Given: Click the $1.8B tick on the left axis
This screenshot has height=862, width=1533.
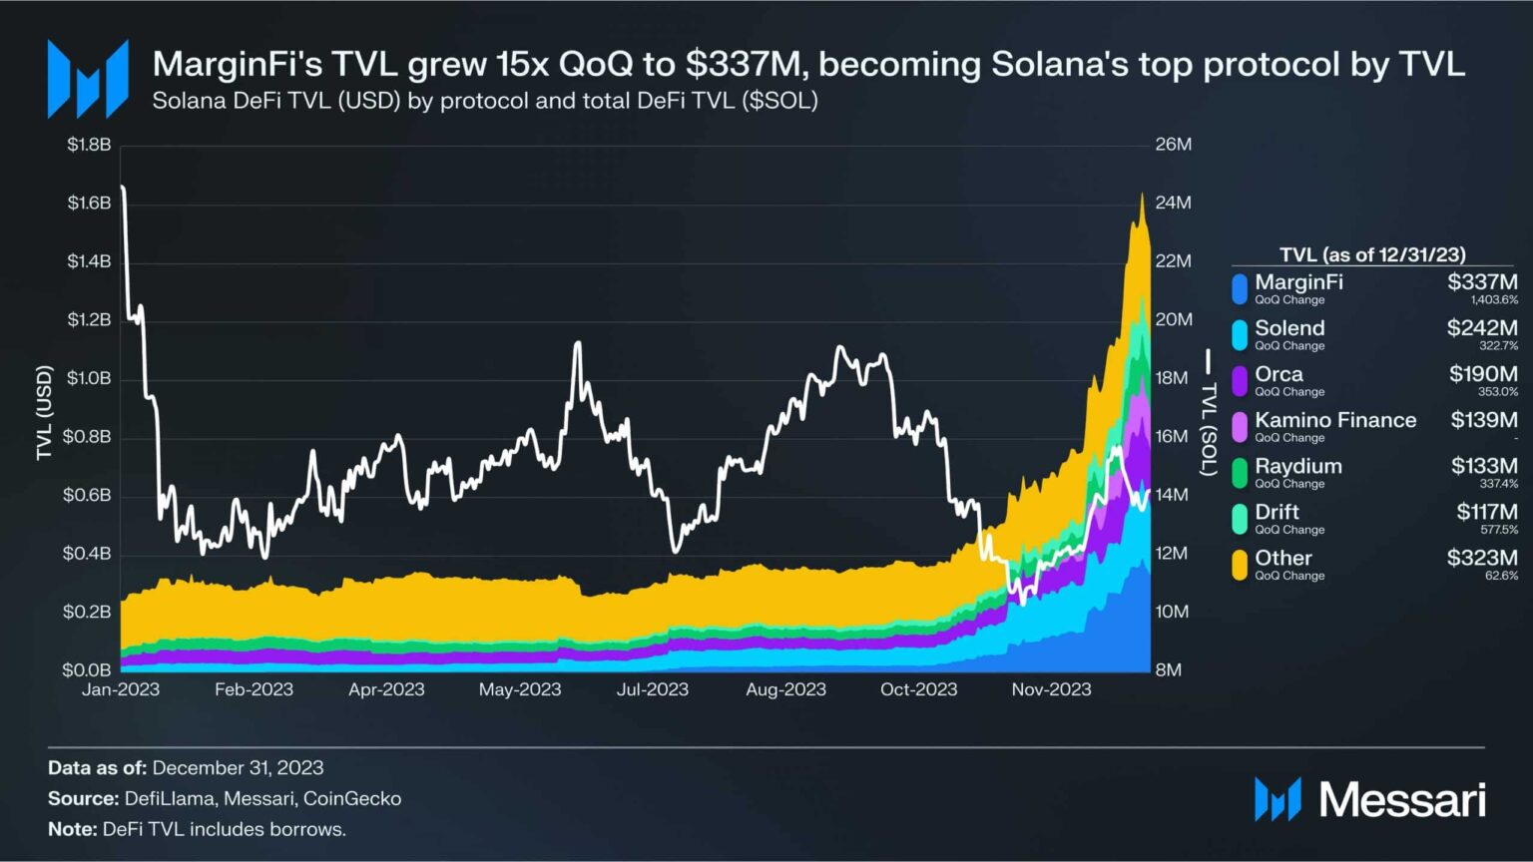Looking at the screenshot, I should pyautogui.click(x=89, y=145).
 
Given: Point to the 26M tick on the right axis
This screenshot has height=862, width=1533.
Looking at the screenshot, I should pyautogui.click(x=1174, y=145).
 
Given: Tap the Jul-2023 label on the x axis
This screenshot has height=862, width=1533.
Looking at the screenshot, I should pyautogui.click(x=653, y=689).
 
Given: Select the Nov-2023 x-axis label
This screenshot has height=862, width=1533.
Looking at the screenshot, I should pyautogui.click(x=1051, y=689).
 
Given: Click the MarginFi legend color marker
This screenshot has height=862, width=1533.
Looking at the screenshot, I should pyautogui.click(x=1240, y=289).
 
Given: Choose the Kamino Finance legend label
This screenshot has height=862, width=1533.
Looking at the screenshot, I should pyautogui.click(x=1335, y=420).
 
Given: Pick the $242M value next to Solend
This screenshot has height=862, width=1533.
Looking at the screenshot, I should pyautogui.click(x=1482, y=327).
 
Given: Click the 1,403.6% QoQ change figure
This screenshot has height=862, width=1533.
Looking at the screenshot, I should pyautogui.click(x=1494, y=300).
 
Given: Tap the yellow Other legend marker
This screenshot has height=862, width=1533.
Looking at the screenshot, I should pyautogui.click(x=1240, y=565).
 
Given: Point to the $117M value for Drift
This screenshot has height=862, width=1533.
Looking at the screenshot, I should pyautogui.click(x=1486, y=512).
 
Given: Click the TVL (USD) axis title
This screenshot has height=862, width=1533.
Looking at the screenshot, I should pyautogui.click(x=44, y=413).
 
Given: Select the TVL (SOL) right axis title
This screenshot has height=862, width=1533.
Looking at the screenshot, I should pyautogui.click(x=1209, y=413).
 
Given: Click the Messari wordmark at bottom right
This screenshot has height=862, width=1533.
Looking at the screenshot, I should pyautogui.click(x=1402, y=800).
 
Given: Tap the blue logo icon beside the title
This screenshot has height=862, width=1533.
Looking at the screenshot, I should pyautogui.click(x=88, y=79).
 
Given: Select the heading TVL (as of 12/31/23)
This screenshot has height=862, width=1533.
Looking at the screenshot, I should pyautogui.click(x=1372, y=254).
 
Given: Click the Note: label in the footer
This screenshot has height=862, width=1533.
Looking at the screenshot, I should pyautogui.click(x=73, y=829).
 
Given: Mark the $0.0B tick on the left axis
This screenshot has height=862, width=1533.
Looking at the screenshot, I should pyautogui.click(x=89, y=670).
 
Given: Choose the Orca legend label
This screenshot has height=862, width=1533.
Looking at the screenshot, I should pyautogui.click(x=1278, y=374).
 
